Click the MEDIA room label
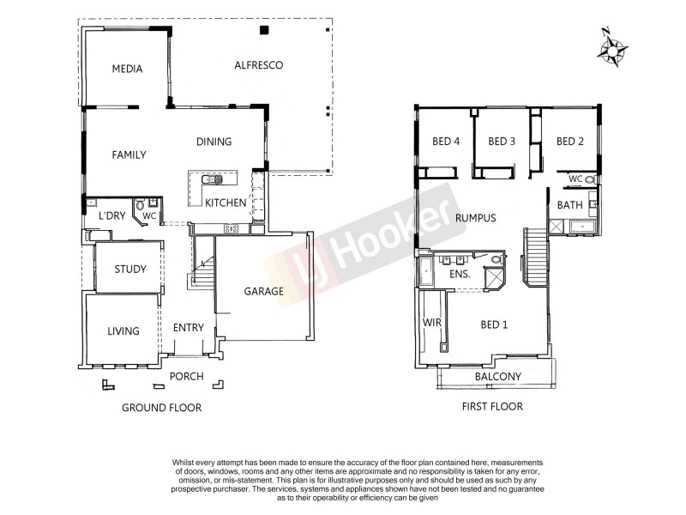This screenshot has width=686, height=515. (x=127, y=70)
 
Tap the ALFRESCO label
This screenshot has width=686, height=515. (x=258, y=65)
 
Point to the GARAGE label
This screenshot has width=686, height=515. (x=263, y=291)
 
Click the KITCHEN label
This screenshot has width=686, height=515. (x=226, y=203)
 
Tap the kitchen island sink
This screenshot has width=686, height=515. (x=212, y=180)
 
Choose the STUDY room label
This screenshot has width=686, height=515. (x=130, y=270)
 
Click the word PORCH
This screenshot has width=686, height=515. (x=186, y=376)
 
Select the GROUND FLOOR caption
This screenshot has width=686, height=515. (x=161, y=408)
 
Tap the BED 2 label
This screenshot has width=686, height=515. (x=569, y=142)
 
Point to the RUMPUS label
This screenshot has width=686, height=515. (x=476, y=218)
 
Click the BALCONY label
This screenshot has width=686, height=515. (x=497, y=377)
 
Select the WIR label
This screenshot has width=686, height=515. (x=430, y=323)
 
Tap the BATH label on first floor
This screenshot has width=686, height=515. (x=569, y=205)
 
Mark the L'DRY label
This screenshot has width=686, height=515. (x=112, y=215)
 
